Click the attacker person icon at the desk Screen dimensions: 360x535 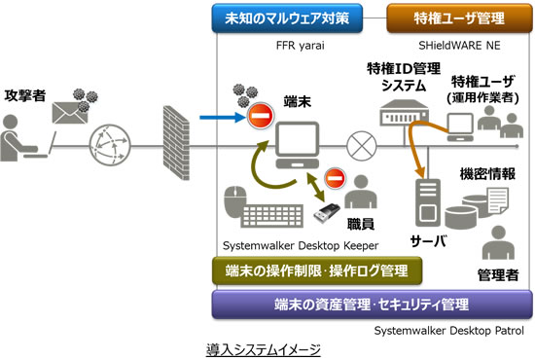click(21, 136)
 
